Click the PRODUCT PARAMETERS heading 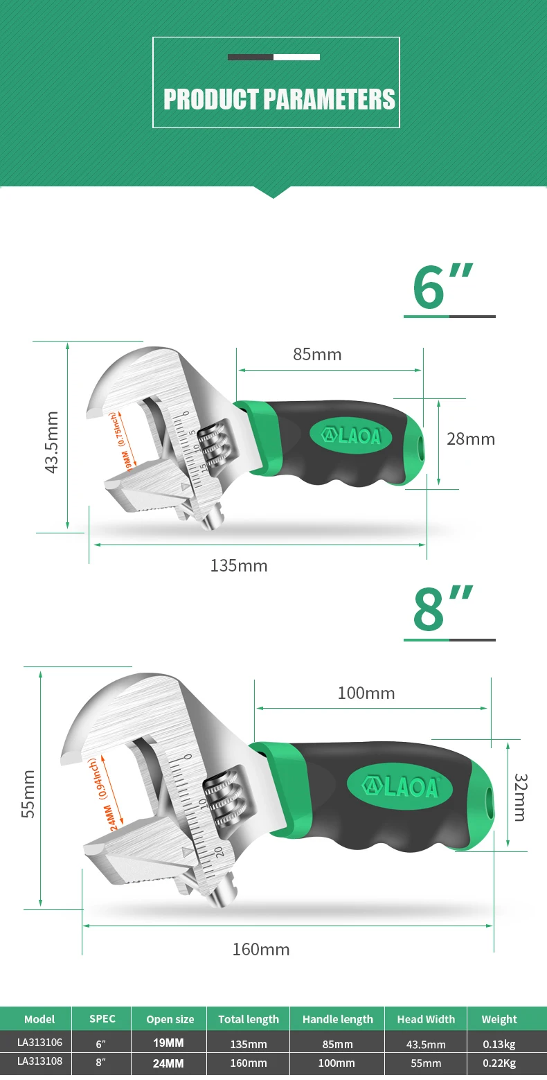point(279,99)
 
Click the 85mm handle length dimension point(317,355)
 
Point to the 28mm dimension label point(471,439)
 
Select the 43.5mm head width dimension point(51,442)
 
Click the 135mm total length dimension point(239,566)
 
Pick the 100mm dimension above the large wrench point(366,693)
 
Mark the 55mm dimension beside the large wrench point(28,794)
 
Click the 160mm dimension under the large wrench point(260,949)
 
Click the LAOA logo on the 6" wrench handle point(350,436)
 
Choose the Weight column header point(499,1019)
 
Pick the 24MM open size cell point(169,1063)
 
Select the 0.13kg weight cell point(499,1044)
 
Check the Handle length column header point(338,1019)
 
